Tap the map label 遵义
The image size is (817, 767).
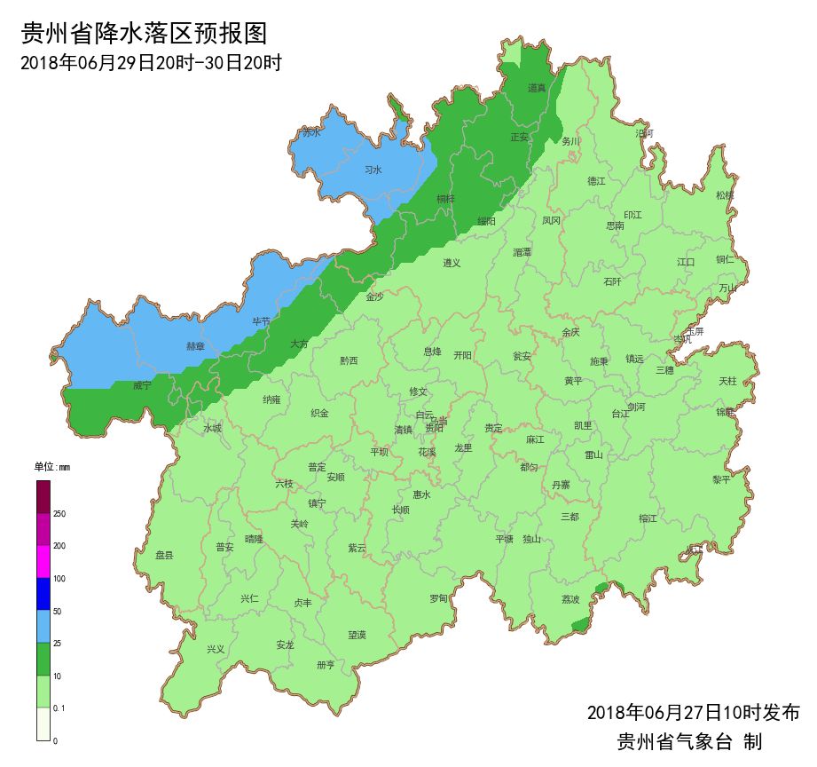click(452, 263)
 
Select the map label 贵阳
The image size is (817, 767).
click(435, 428)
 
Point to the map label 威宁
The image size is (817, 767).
click(142, 386)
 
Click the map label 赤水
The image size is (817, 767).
click(311, 133)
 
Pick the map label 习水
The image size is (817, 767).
click(373, 170)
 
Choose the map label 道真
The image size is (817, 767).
click(537, 88)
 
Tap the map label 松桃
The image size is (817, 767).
click(725, 195)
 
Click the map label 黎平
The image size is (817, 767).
click(721, 479)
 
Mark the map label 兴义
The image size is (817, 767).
click(216, 649)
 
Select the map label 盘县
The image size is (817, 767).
click(164, 555)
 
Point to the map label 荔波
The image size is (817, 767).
click(570, 599)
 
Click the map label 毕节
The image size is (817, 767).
click(262, 321)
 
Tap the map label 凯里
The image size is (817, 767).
click(583, 425)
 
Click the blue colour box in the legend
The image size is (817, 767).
click(43, 594)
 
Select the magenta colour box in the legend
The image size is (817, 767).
click(43, 561)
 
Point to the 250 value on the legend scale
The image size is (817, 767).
click(59, 514)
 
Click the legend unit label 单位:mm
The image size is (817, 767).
click(52, 467)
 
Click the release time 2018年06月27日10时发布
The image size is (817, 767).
click(693, 712)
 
